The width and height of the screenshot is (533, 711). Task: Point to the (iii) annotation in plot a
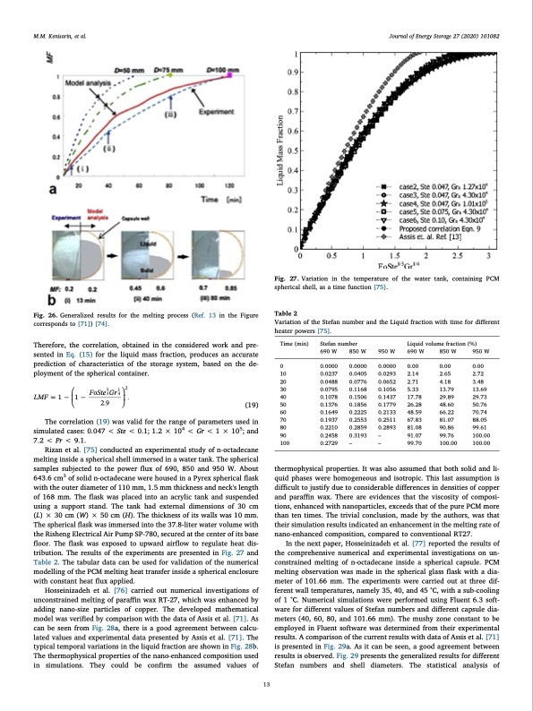pos(169,113)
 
